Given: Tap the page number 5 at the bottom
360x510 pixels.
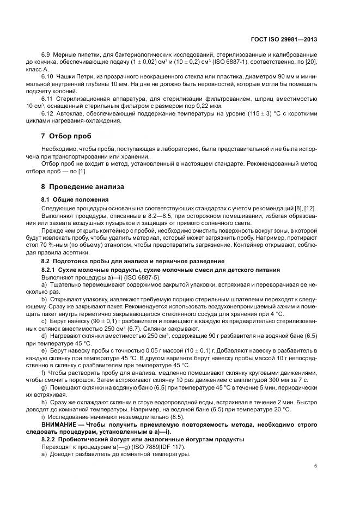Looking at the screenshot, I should [x=315, y=466].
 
